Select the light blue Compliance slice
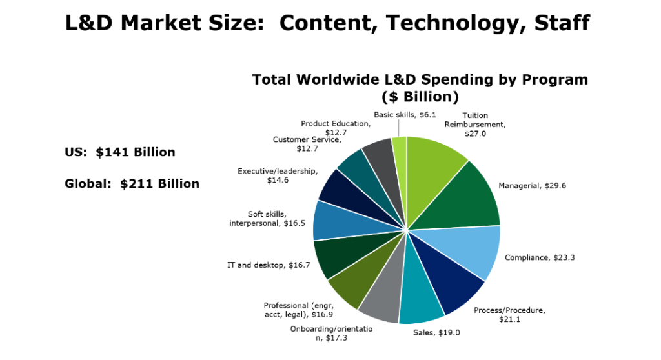pos(465,252)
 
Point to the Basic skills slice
pos(400,155)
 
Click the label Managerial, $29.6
pos(532,186)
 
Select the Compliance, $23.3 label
pos(540,257)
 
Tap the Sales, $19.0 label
pos(436,334)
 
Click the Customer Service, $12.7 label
pos(307,143)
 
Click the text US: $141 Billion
pos(120,152)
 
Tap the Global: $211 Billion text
pos(132,184)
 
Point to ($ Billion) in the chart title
pos(420,97)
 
